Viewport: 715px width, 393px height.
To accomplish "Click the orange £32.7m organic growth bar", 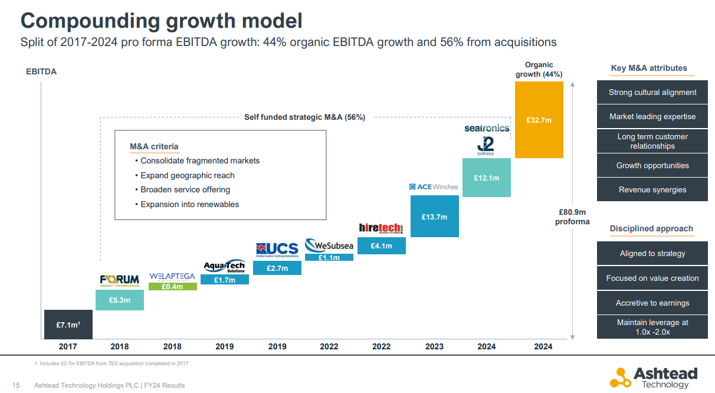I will pyautogui.click(x=539, y=120).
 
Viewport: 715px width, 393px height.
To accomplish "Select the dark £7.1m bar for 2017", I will pyautogui.click(x=68, y=325).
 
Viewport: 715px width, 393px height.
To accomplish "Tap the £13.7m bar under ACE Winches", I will pyautogui.click(x=434, y=217).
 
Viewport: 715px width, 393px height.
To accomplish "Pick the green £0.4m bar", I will pyautogui.click(x=172, y=287).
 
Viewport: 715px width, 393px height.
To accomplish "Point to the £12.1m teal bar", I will pyautogui.click(x=486, y=178).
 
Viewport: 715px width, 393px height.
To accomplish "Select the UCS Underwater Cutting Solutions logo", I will pyautogui.click(x=277, y=250).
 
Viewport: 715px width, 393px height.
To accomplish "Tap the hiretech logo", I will pyautogui.click(x=381, y=228).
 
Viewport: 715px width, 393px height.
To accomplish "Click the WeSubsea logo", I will pyautogui.click(x=329, y=245).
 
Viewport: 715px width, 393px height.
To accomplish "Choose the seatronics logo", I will pyautogui.click(x=487, y=128).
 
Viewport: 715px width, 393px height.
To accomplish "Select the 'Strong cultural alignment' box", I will pyautogui.click(x=652, y=93).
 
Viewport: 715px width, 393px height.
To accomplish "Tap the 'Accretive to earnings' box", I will pyautogui.click(x=652, y=303).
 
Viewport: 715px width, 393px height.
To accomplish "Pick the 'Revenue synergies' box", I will pyautogui.click(x=652, y=190).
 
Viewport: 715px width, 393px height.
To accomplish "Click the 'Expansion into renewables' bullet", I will pyautogui.click(x=189, y=204).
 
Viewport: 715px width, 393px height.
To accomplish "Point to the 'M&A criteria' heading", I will pyautogui.click(x=154, y=146).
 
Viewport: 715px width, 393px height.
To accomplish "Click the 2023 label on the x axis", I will pyautogui.click(x=434, y=346).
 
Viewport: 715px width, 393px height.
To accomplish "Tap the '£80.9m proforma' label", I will pyautogui.click(x=572, y=217).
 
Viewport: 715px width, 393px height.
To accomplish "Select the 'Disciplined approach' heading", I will pyautogui.click(x=651, y=228).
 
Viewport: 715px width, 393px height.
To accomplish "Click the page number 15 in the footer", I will pyautogui.click(x=16, y=385).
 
